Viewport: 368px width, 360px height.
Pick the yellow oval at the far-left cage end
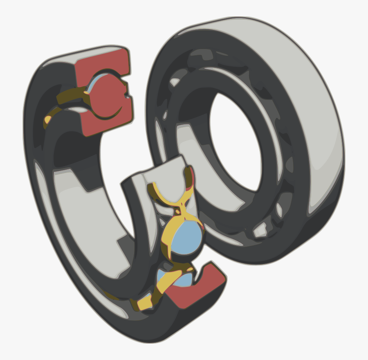48,120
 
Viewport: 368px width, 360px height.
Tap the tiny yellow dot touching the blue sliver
87,92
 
